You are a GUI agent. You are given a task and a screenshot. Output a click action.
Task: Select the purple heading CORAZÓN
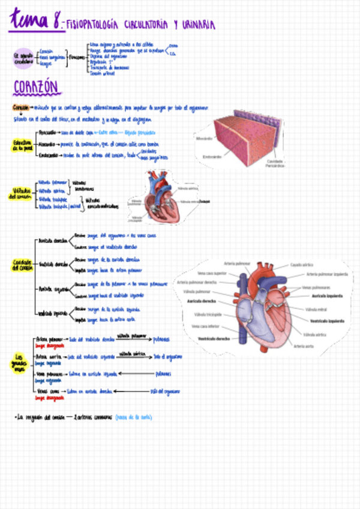(x=36, y=88)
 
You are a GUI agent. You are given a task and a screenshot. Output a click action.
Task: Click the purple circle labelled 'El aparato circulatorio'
(x=23, y=57)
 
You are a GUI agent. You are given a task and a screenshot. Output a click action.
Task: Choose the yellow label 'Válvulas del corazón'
(x=21, y=194)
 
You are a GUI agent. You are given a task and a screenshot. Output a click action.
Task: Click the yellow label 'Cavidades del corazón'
(x=22, y=265)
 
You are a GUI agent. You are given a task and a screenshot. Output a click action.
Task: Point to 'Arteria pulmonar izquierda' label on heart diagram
(x=326, y=274)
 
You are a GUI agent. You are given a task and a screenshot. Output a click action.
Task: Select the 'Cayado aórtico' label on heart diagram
(x=304, y=265)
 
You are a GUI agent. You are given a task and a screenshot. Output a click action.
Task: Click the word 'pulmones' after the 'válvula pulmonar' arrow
(x=161, y=339)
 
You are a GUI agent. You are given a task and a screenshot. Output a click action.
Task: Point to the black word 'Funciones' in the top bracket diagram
(x=76, y=57)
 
